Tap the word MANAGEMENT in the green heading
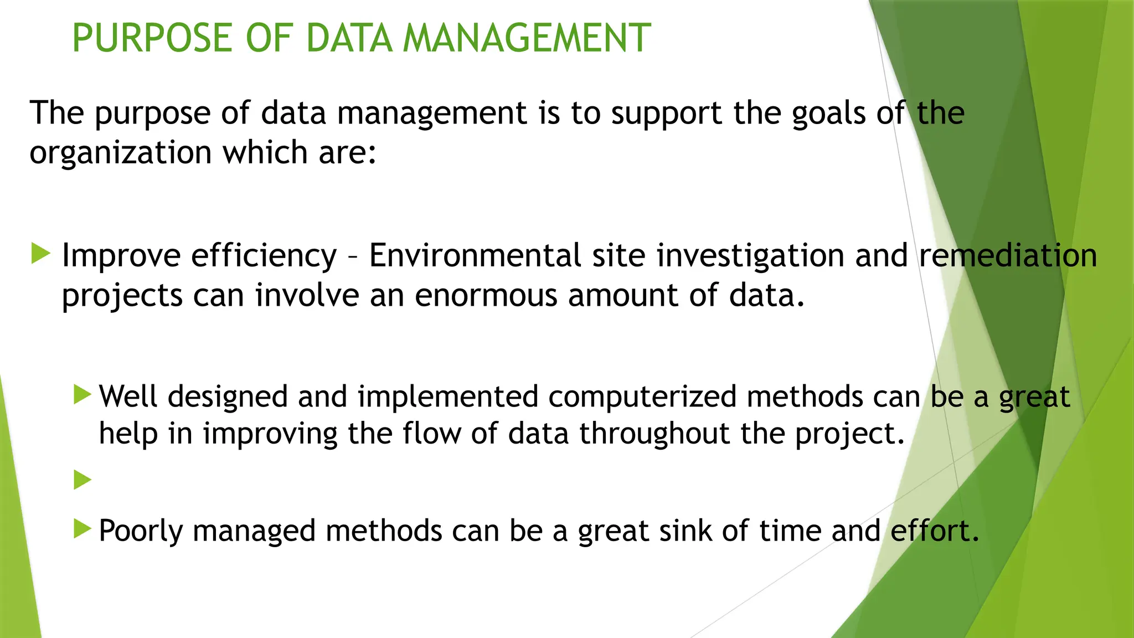[527, 38]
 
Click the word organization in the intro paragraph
[120, 153]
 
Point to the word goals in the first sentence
[828, 114]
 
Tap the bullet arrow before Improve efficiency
[41, 254]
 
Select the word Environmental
[475, 256]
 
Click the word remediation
[1008, 256]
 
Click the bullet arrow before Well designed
[82, 395]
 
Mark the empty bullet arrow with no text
[82, 480]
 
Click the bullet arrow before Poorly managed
[82, 529]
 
